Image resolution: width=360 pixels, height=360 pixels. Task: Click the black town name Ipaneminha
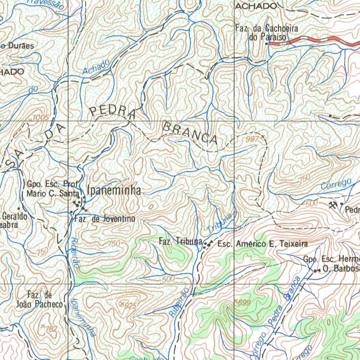(x=114, y=191)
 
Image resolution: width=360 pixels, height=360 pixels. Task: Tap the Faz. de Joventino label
(x=105, y=219)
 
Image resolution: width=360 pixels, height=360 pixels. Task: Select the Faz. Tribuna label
(x=180, y=242)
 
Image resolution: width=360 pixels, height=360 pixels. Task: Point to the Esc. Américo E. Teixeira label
(x=262, y=244)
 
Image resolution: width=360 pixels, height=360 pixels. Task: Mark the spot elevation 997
(x=252, y=139)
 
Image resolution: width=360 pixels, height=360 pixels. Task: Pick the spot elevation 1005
(x=40, y=118)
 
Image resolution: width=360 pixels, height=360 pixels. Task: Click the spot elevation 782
(x=51, y=329)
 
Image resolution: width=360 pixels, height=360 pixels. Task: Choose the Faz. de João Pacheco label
(x=39, y=300)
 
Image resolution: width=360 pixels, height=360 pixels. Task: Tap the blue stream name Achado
(x=96, y=67)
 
